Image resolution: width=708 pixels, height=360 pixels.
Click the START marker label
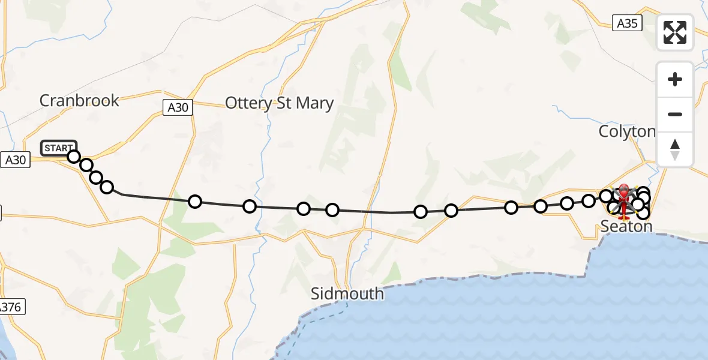pyautogui.click(x=58, y=148)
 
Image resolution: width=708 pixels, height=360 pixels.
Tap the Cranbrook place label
pyautogui.click(x=79, y=100)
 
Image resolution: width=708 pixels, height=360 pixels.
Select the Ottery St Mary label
pyautogui.click(x=279, y=103)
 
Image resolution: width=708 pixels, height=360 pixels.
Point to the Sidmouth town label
pyautogui.click(x=347, y=294)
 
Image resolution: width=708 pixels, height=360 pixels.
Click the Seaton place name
pyautogui.click(x=626, y=226)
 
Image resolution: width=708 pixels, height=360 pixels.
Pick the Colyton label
pyautogui.click(x=627, y=131)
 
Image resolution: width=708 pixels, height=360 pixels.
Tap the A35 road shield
pyautogui.click(x=627, y=23)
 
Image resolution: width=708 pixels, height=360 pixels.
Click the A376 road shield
pyautogui.click(x=11, y=307)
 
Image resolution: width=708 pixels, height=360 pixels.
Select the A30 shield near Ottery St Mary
pyautogui.click(x=178, y=107)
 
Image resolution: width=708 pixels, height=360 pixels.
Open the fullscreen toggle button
pyautogui.click(x=675, y=32)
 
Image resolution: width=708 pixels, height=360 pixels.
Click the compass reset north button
pyautogui.click(x=675, y=149)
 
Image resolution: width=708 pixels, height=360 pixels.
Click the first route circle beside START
pyautogui.click(x=73, y=157)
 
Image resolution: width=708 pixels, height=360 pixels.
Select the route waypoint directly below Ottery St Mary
pyautogui.click(x=304, y=209)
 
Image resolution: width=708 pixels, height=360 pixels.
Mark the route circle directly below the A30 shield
pyautogui.click(x=194, y=201)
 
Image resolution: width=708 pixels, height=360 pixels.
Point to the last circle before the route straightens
pyautogui.click(x=107, y=187)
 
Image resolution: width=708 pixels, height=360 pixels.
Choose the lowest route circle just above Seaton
pyautogui.click(x=643, y=212)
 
